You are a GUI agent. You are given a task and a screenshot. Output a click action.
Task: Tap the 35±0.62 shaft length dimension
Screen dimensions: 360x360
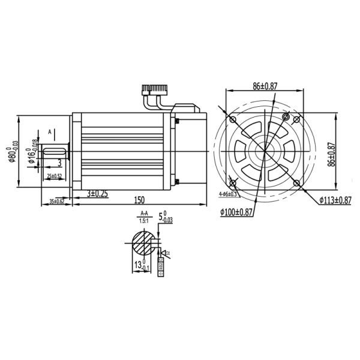[55, 200]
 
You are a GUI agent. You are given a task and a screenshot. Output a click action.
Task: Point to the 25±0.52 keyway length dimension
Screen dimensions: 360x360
[56, 176]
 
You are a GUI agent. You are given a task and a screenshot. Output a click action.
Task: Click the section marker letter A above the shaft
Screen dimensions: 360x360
[50, 130]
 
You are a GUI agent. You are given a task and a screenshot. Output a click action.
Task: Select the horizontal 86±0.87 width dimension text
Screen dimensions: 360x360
[264, 86]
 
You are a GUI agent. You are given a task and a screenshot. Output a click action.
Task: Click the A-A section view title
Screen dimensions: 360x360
[144, 214]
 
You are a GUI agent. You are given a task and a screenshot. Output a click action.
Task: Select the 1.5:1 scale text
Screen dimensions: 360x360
[144, 220]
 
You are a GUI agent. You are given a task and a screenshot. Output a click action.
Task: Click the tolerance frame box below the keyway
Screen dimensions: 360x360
[160, 265]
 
